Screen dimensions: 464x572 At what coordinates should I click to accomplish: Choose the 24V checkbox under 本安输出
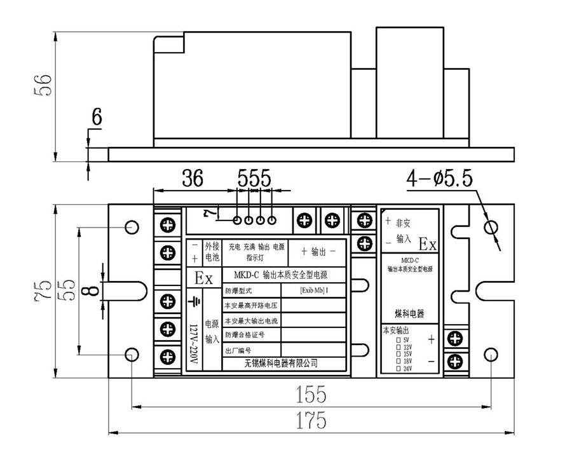398,369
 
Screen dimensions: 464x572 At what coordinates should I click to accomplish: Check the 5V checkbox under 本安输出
398,340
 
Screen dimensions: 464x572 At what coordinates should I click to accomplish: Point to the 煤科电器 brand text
409,315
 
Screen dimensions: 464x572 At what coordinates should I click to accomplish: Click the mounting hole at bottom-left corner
132,353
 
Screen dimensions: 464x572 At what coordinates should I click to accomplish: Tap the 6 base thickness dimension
96,117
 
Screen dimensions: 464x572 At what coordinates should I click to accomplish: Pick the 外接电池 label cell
211,252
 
